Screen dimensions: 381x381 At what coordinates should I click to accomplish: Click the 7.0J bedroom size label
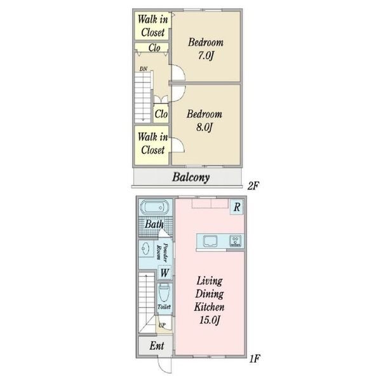pyautogui.click(x=205, y=55)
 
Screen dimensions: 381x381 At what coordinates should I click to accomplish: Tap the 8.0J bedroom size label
pyautogui.click(x=204, y=127)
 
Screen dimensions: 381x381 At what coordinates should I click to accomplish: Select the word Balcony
pyautogui.click(x=190, y=177)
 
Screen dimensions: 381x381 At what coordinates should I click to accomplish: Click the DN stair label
pyautogui.click(x=144, y=69)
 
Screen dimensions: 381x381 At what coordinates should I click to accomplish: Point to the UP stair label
pyautogui.click(x=162, y=325)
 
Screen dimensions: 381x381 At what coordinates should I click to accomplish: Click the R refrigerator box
pyautogui.click(x=237, y=207)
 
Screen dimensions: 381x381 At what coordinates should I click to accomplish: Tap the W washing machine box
pyautogui.click(x=164, y=272)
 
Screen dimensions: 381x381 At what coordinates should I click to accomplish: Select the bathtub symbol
pyautogui.click(x=154, y=208)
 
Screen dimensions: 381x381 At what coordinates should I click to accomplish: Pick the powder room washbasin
pyautogui.click(x=145, y=249)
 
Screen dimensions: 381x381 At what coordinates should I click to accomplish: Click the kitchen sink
pyautogui.click(x=211, y=241)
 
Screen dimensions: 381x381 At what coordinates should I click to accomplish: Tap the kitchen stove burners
pyautogui.click(x=236, y=241)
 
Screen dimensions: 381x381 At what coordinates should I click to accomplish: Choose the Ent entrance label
pyautogui.click(x=157, y=345)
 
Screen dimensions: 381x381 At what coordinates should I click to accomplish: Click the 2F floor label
pyautogui.click(x=253, y=186)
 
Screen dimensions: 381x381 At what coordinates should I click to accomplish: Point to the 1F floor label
pyautogui.click(x=255, y=359)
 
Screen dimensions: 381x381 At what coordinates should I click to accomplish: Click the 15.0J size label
pyautogui.click(x=210, y=320)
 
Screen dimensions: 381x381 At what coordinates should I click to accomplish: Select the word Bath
pyautogui.click(x=154, y=224)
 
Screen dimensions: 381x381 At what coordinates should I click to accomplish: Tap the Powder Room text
pyautogui.click(x=162, y=253)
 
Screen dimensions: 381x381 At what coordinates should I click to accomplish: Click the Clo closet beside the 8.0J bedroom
pyautogui.click(x=161, y=114)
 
